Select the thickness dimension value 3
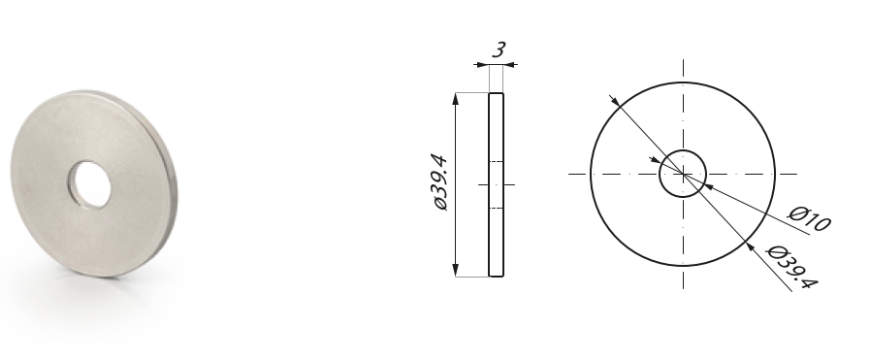(x=498, y=49)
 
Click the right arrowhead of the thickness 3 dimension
(x=510, y=64)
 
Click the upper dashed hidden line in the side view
(x=497, y=160)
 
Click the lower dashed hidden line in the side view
(x=497, y=208)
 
